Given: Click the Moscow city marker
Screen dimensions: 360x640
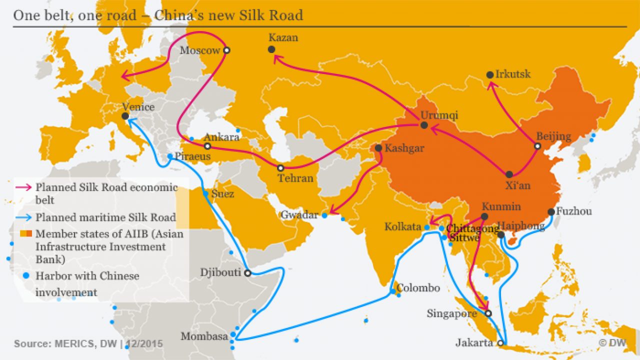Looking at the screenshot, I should tap(226, 50).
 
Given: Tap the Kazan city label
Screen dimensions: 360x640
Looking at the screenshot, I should tap(283, 37).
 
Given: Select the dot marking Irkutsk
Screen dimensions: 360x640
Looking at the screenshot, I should tap(490, 75).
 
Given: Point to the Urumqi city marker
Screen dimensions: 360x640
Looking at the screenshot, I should tap(424, 125).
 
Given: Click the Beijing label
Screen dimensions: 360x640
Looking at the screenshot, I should tap(553, 136).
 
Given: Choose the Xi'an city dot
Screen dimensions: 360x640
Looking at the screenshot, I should tap(509, 174).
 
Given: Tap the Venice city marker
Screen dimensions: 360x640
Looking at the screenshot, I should tap(125, 116).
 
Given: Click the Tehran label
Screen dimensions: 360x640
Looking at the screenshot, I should tap(296, 178).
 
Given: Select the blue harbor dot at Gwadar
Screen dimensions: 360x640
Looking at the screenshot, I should tap(324, 215).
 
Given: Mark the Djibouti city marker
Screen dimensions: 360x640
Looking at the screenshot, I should tap(247, 273).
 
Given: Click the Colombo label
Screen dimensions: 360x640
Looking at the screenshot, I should tap(418, 288).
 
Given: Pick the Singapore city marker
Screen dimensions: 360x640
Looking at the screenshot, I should tap(488, 313).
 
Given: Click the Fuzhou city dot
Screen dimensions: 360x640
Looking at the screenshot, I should tap(551, 212).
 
